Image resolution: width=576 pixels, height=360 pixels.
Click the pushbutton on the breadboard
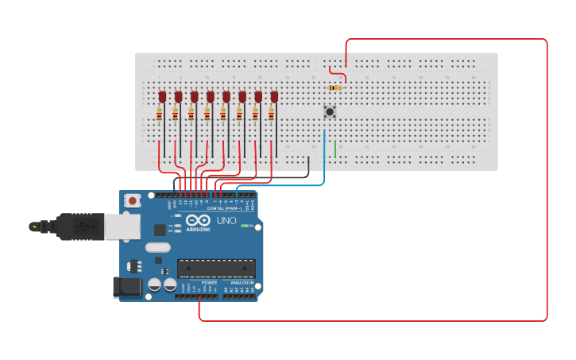click(x=329, y=112)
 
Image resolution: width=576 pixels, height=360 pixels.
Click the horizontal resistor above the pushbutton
click(x=335, y=87)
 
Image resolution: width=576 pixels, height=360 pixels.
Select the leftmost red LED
click(x=162, y=97)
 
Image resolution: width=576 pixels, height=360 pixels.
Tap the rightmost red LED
click(x=274, y=97)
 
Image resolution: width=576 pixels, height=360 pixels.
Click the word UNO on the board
click(x=226, y=220)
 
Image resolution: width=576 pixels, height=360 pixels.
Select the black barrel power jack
click(x=126, y=287)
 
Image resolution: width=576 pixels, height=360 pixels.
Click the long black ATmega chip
click(x=216, y=269)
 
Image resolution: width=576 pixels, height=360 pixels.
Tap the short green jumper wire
click(x=335, y=149)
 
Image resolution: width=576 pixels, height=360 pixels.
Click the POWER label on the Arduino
click(x=209, y=282)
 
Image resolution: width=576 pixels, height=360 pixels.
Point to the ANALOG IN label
click(x=242, y=282)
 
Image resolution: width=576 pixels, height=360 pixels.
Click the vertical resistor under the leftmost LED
click(x=159, y=115)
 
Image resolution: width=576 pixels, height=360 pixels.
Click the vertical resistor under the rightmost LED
click(x=271, y=115)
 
